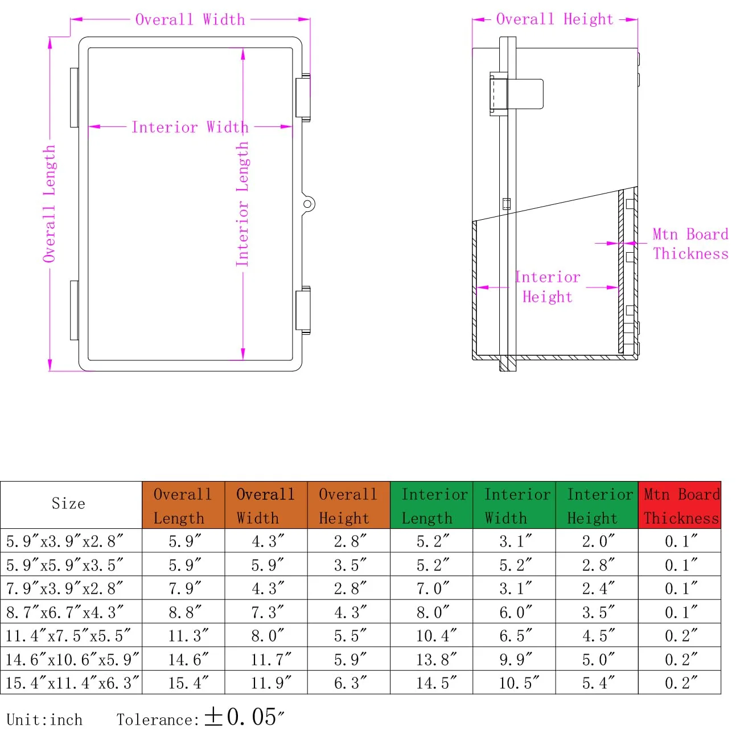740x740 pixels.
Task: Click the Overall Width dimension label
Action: pyautogui.click(x=190, y=19)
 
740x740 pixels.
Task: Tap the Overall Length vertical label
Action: pyautogui.click(x=50, y=204)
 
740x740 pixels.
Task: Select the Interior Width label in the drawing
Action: pyautogui.click(x=190, y=127)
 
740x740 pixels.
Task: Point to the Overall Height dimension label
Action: pyautogui.click(x=554, y=19)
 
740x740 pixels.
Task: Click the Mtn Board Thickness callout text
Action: pyautogui.click(x=690, y=244)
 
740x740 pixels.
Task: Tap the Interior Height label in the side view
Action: pyautogui.click(x=548, y=287)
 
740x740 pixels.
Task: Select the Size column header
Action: pyautogui.click(x=68, y=503)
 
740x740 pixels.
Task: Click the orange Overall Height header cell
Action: pyautogui.click(x=348, y=505)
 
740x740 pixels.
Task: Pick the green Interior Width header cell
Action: pyautogui.click(x=514, y=505)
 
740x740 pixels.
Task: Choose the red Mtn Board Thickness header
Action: pyautogui.click(x=679, y=505)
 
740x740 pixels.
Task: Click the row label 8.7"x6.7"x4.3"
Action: pyautogui.click(x=65, y=612)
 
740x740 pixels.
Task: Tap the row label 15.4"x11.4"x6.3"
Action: pyautogui.click(x=72, y=683)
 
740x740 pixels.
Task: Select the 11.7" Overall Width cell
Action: pyautogui.click(x=271, y=660)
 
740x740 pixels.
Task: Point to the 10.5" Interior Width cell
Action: pyautogui.click(x=519, y=683)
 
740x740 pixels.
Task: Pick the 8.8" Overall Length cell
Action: pyautogui.click(x=184, y=612)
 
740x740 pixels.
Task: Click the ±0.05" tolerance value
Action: pyautogui.click(x=244, y=717)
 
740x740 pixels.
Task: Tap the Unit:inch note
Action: pyautogui.click(x=44, y=720)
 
